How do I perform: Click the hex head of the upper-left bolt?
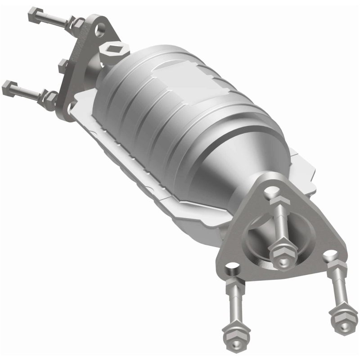pyautogui.click(x=33, y=17)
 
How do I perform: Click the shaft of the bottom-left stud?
pyautogui.click(x=234, y=306)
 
